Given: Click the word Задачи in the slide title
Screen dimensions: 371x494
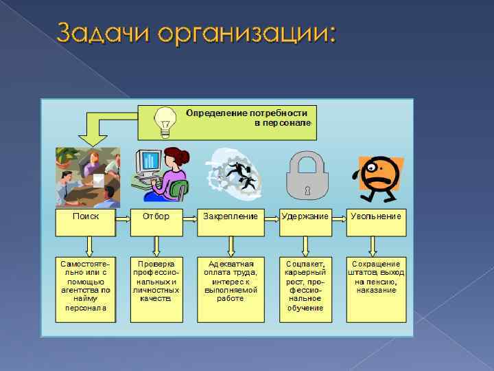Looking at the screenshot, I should [103, 32].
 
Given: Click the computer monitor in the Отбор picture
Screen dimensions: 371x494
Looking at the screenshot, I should [149, 162].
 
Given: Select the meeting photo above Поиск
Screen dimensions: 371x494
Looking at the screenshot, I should [88, 177].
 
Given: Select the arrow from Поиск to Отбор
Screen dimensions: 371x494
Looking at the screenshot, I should [122, 219].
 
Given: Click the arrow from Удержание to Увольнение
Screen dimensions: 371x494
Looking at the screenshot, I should [338, 219].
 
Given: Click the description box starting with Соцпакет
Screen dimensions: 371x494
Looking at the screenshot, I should [305, 289].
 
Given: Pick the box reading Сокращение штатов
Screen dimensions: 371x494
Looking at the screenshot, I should [376, 289].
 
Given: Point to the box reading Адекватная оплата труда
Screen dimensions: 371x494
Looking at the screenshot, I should [231, 289].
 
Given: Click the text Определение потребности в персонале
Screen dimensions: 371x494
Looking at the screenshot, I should [247, 117].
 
